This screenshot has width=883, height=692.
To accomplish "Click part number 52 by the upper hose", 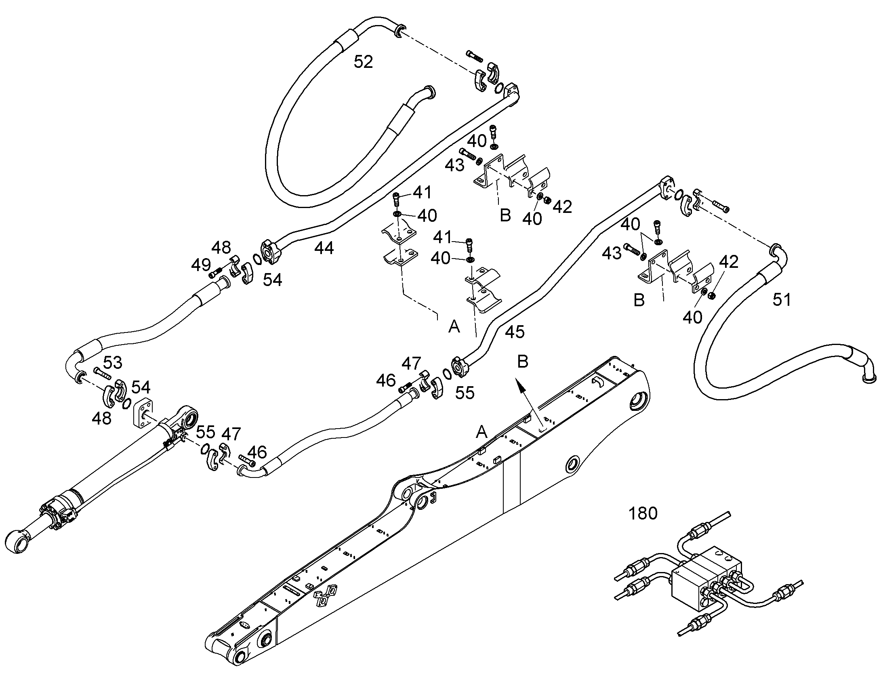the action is coord(363,62).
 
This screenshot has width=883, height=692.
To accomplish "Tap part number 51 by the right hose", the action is coord(781,300).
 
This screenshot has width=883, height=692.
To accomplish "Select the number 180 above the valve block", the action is coord(643,514).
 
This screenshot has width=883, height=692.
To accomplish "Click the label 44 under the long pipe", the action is coord(324,248).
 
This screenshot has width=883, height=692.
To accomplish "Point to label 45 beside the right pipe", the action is coord(515,332).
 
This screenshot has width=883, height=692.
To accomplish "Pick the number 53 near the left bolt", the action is coord(113,363).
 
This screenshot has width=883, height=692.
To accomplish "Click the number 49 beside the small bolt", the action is coord(201,265).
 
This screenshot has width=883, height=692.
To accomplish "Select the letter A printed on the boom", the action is coord(481,432).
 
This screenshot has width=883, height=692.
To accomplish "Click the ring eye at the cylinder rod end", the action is coord(17,541).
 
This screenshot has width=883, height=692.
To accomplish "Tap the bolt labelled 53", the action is coord(102,373).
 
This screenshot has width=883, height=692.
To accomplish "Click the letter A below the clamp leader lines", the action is coord(454,326).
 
